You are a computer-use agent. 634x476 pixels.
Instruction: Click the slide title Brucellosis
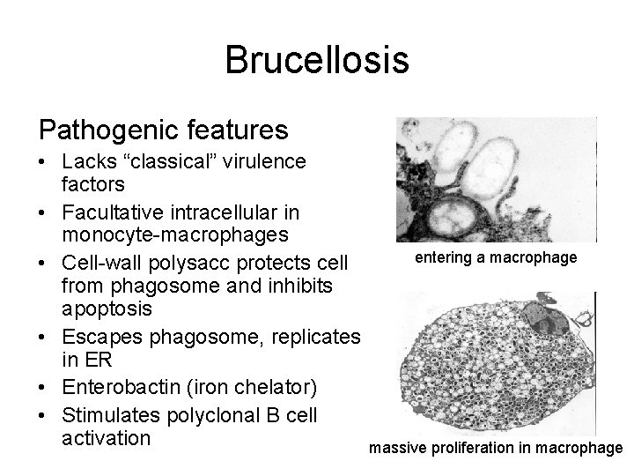tap(316, 60)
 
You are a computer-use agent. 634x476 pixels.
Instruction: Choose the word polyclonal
tap(215, 414)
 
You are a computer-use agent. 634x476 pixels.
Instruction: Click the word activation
tap(107, 438)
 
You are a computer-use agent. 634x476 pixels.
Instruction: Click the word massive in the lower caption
tap(396, 448)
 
